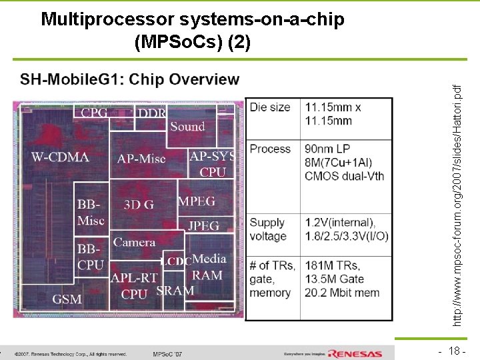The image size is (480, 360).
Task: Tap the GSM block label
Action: pos(67,299)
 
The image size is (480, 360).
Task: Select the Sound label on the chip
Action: pos(187,126)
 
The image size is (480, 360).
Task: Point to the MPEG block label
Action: pos(197,201)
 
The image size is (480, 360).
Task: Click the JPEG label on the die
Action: pos(203,226)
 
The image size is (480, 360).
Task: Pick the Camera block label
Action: pos(134,243)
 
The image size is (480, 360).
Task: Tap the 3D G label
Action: pos(139,205)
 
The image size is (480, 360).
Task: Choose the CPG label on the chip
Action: pos(94,113)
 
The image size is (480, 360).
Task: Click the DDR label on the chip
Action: pos(152,113)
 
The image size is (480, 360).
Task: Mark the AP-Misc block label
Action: pos(141,159)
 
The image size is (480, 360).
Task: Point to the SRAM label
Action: pos(175,291)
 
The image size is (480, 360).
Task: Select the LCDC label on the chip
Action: pos(177,261)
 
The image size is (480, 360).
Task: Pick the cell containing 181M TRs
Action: pos(345,279)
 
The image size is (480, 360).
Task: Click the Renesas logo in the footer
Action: pos(355,353)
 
